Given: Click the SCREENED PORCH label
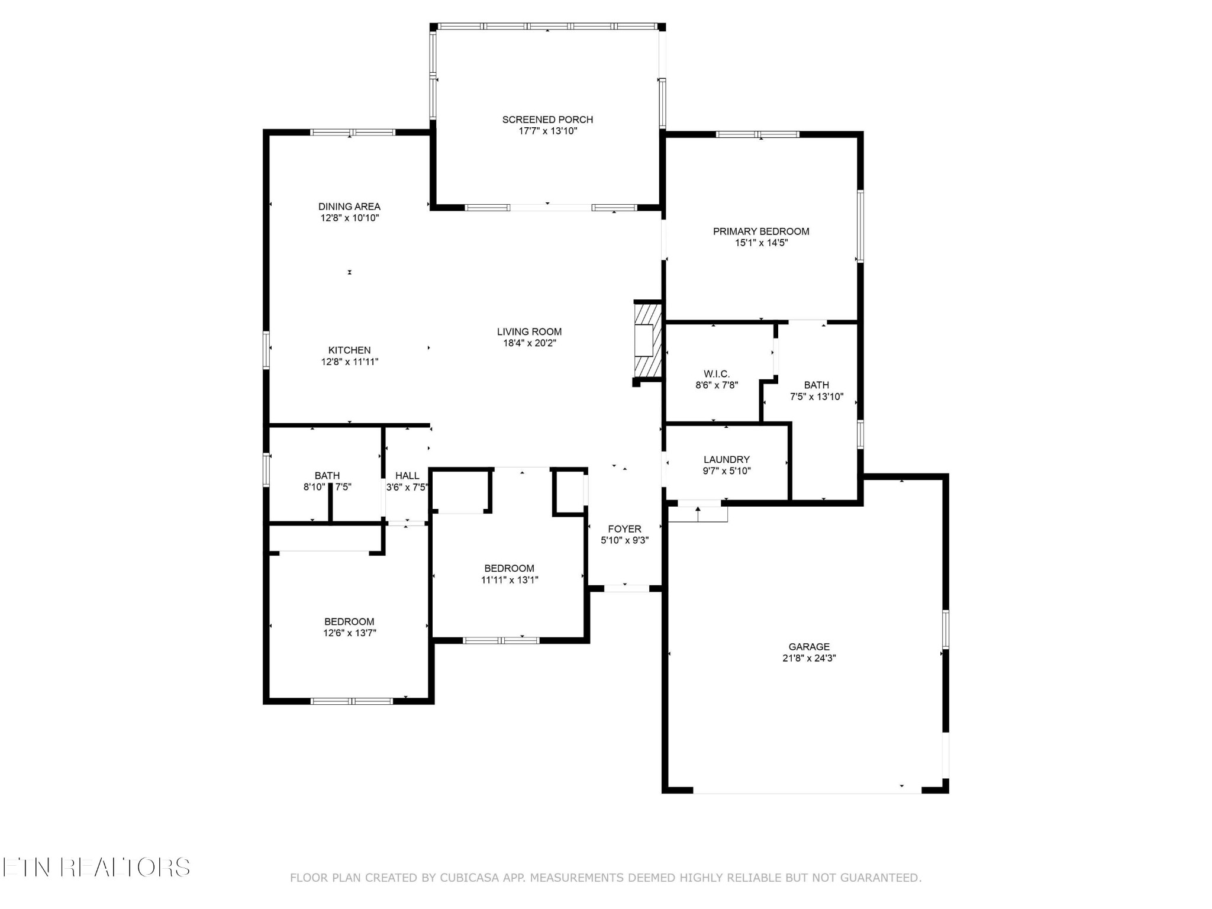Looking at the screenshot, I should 547,120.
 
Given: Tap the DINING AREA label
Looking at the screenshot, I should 349,207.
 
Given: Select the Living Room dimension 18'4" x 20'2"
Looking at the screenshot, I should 529,343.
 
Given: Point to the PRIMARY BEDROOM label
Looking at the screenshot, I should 761,231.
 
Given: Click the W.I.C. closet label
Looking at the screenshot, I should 717,374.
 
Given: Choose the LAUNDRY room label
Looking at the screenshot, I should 726,460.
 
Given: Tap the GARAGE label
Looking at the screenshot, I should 809,647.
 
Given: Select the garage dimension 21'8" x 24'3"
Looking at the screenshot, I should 809,658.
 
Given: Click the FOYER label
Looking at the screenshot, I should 624,529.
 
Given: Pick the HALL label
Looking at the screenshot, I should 407,476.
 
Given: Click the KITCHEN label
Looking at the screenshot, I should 349,350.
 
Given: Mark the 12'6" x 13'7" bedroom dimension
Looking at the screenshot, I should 349,633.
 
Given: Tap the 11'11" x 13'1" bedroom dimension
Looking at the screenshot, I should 509,580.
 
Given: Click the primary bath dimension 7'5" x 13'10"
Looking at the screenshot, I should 817,397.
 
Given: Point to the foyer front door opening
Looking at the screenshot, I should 626,588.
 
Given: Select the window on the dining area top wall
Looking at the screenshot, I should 353,133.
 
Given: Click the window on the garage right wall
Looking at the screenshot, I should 945,630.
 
